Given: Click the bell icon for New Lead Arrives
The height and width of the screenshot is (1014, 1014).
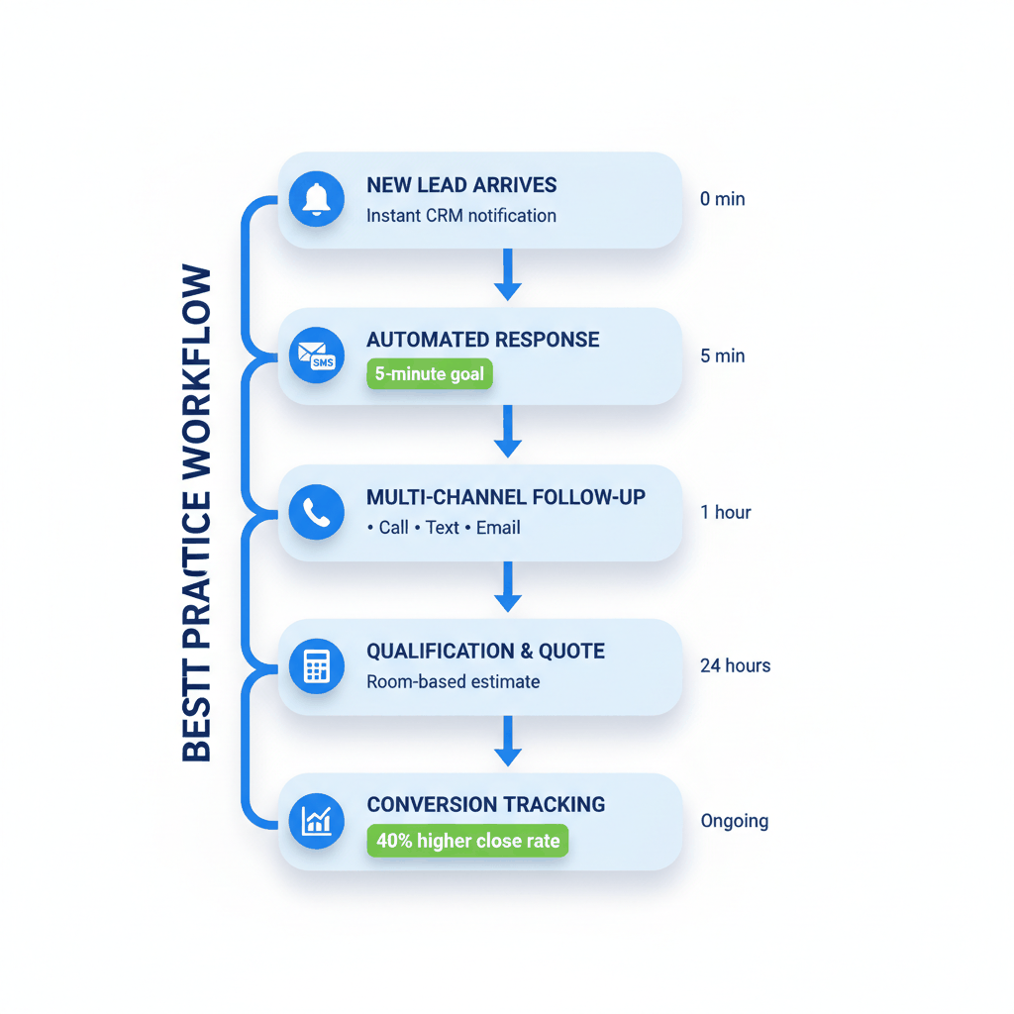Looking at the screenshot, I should click(316, 199).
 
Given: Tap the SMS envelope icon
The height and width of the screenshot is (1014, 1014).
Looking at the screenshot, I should click(316, 355).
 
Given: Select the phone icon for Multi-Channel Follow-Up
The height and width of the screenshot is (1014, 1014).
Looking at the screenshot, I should click(316, 512).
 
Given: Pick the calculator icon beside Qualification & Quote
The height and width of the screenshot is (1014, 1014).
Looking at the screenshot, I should click(316, 666).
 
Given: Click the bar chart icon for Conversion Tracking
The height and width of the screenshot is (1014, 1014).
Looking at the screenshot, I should click(316, 821).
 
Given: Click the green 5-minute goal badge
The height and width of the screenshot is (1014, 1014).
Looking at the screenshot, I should click(430, 374).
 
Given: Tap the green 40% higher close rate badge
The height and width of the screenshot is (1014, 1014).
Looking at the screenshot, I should click(467, 841).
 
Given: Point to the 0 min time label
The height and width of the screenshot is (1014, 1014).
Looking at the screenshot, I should click(722, 199).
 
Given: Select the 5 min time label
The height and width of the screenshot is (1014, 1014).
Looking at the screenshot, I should click(722, 355).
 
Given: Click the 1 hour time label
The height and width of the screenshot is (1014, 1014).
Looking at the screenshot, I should click(725, 512).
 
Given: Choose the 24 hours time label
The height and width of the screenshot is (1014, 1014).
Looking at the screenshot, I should click(735, 665).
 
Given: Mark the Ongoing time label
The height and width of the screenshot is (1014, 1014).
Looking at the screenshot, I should click(734, 821).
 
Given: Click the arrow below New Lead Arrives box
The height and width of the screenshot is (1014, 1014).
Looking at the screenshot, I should click(507, 274).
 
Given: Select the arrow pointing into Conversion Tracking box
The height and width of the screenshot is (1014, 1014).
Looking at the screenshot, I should click(507, 741).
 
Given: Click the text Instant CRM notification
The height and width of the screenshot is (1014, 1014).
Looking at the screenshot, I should click(460, 216).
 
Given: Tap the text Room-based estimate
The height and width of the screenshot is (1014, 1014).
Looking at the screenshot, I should click(453, 681).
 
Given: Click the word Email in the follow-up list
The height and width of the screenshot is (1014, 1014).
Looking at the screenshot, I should click(498, 528).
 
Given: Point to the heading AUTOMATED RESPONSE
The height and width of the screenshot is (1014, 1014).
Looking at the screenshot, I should click(482, 340).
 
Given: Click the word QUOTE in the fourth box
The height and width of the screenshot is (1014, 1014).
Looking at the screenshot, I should click(571, 652).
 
